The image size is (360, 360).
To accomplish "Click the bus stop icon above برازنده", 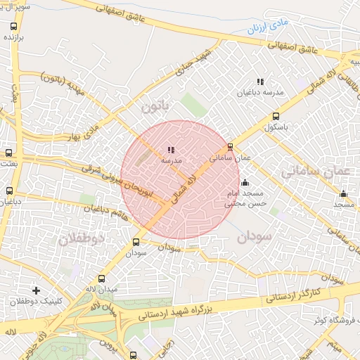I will tap(13, 25).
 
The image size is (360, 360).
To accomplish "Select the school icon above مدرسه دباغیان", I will tap(260, 82).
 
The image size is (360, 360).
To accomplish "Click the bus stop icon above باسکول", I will tap(275, 117).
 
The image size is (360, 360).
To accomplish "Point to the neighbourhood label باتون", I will tap(155, 107).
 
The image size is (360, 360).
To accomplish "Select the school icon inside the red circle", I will tap(172, 149).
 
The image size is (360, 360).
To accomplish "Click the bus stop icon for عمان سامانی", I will tap(231, 147).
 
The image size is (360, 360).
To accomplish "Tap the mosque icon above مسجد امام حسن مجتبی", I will tap(245, 183).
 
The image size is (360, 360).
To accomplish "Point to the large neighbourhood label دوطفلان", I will tap(80, 239).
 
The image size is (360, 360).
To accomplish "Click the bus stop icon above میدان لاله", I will tap(102, 278).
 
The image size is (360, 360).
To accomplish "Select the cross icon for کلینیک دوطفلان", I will tap(36, 290).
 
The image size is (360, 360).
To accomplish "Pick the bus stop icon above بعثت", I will tap(8, 153).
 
